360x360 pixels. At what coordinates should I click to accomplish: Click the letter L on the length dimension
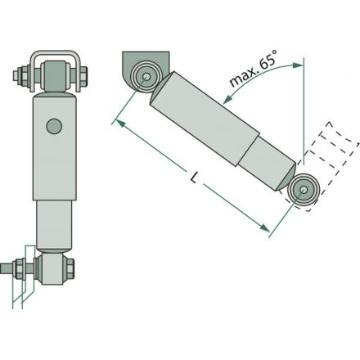click(194, 178)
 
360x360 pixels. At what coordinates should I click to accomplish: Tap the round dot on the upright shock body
click(54, 126)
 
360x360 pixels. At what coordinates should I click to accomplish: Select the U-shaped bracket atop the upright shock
click(55, 55)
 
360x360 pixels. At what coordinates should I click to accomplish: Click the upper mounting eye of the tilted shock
click(146, 77)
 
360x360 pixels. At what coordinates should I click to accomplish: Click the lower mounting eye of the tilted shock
click(303, 190)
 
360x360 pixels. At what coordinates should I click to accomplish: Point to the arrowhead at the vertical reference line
click(298, 65)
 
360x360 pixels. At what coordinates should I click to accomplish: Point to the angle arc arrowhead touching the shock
click(227, 100)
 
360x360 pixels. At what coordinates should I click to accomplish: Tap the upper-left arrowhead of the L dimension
click(121, 124)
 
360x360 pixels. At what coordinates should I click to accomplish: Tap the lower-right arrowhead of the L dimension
click(264, 227)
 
